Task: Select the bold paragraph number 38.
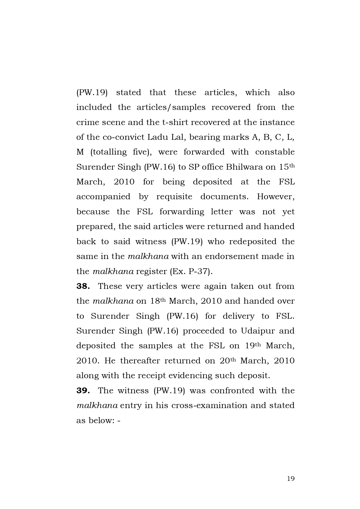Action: (83, 286)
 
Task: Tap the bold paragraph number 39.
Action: (83, 391)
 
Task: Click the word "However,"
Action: (276, 197)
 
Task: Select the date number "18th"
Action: (158, 301)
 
